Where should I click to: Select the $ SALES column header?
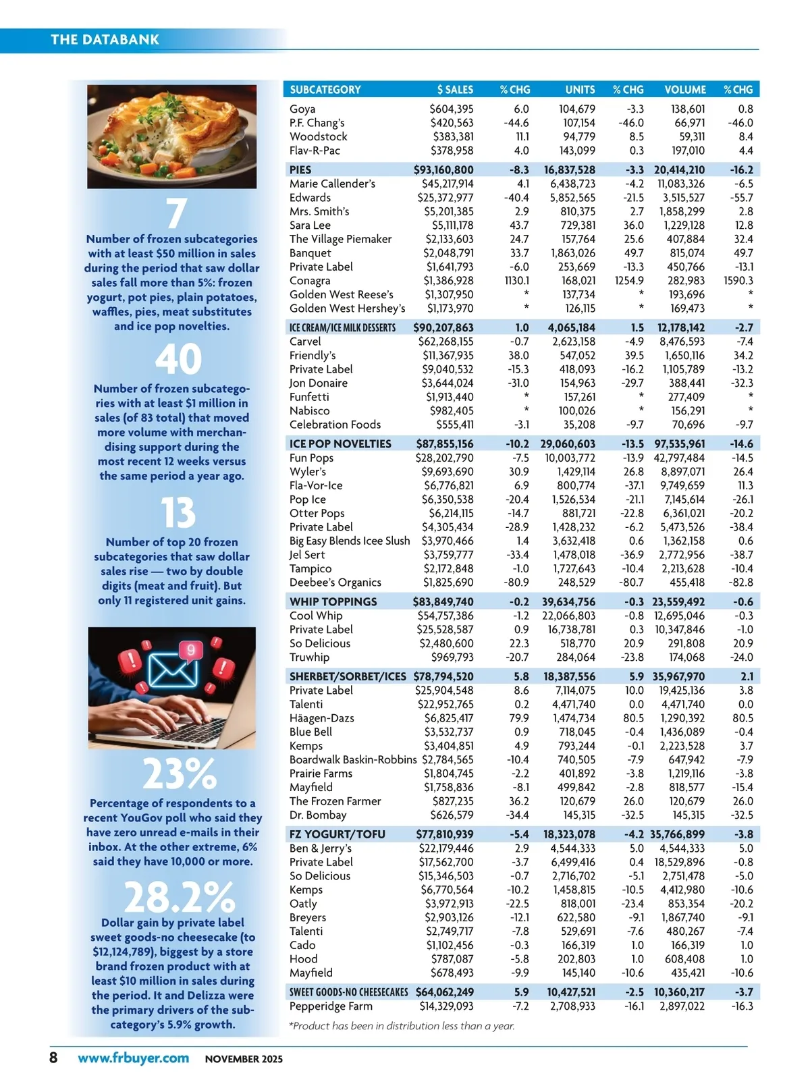coord(455,90)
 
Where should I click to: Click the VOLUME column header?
coord(684,90)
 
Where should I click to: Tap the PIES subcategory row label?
coord(300,170)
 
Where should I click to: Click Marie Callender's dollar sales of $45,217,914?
coord(445,184)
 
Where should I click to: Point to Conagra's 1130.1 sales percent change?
coord(516,281)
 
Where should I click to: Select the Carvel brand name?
coord(305,342)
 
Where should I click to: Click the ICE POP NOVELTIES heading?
coord(340,444)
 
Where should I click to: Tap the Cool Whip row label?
coord(316,616)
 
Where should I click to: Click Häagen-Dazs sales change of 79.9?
coord(518,718)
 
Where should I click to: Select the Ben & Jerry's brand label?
coord(321,848)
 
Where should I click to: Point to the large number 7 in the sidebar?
coord(176,213)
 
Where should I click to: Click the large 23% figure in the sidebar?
coord(180,774)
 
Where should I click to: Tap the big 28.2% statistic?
coord(180,897)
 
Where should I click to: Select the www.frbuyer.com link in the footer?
coord(133,1058)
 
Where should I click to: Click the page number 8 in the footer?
coord(54,1058)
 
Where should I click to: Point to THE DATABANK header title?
coord(105,40)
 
